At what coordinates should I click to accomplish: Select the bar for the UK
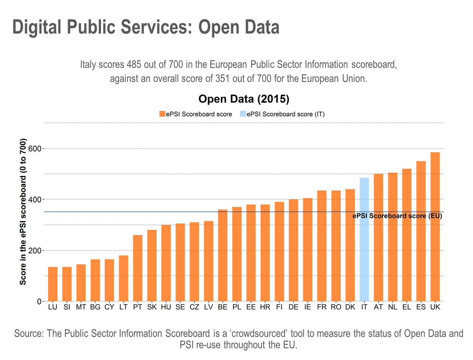(x=435, y=227)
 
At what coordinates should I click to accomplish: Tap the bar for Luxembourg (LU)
(x=53, y=284)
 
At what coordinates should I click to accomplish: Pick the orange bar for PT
(x=138, y=268)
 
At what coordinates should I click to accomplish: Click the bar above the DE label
(x=294, y=250)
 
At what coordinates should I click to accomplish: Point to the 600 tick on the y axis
(x=35, y=149)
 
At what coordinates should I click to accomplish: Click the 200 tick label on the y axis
(x=35, y=251)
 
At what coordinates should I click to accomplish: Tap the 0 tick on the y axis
(x=39, y=301)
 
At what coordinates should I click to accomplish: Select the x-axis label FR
(x=322, y=307)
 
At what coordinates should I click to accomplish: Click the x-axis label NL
(x=393, y=307)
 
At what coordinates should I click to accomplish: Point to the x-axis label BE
(x=223, y=307)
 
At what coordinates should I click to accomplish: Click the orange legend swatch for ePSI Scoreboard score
(x=162, y=114)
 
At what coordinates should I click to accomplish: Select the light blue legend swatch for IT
(x=243, y=114)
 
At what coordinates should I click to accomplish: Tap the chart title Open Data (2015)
(x=244, y=99)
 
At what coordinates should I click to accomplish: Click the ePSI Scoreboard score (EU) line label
(x=397, y=216)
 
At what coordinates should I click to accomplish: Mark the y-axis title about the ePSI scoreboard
(x=23, y=212)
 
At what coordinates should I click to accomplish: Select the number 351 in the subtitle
(x=222, y=79)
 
